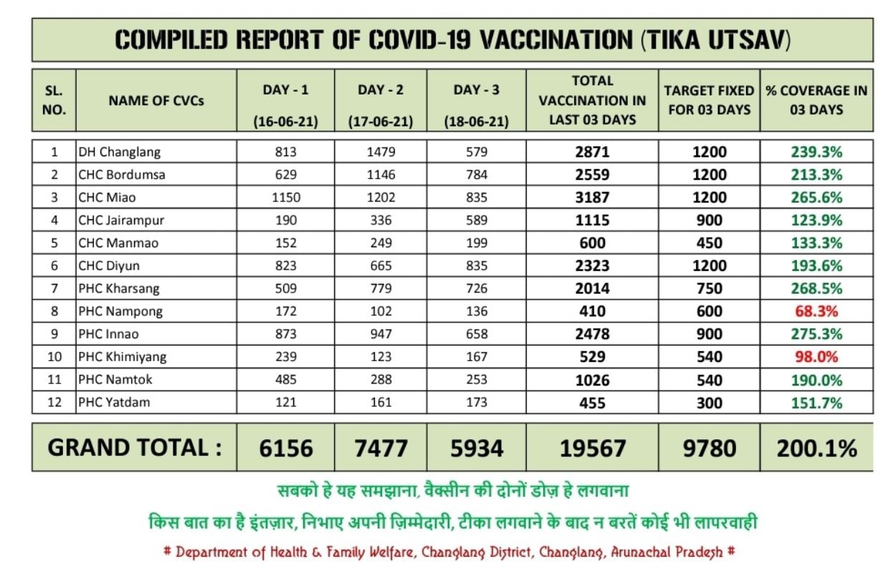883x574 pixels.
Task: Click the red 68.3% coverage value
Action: pos(816,312)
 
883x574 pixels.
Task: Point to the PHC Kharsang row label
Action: pos(119,289)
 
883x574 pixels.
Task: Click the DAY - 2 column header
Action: pos(381,90)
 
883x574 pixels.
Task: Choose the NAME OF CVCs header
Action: pos(156,101)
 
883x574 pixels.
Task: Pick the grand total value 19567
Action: pos(592,449)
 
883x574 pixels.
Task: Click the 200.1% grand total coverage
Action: pos(816,449)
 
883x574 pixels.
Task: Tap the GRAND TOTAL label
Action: pos(135,448)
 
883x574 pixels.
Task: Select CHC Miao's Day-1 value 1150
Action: pos(285,198)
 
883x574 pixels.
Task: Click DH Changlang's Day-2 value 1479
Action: pos(381,152)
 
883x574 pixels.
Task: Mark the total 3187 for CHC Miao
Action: pos(592,198)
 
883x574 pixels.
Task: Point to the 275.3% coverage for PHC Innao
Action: pos(816,334)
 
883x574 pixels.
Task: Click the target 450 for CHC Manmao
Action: pos(709,243)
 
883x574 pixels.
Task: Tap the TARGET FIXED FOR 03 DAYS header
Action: pos(709,100)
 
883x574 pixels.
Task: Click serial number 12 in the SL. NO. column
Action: pos(54,403)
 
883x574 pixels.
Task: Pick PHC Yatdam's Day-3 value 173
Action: pos(476,403)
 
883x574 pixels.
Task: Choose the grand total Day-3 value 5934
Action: pos(476,449)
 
